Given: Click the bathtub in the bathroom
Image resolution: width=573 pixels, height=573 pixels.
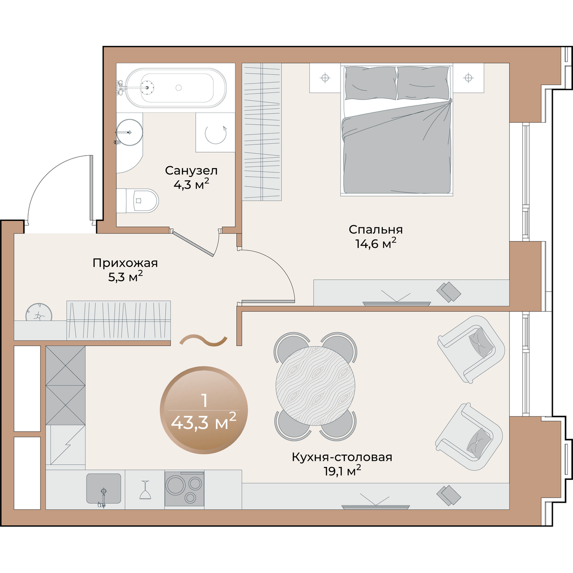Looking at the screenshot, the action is coord(176,88).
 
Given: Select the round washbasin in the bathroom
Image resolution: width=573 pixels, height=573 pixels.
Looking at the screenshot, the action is coord(129,132).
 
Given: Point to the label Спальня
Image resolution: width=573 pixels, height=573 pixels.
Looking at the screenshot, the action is coord(376,229).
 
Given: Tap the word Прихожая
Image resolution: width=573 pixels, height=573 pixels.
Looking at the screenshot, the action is coord(125,263).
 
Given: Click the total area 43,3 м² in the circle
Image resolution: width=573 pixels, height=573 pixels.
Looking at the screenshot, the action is coord(204,423).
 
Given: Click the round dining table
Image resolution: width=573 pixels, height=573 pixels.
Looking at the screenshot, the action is coord(315,387).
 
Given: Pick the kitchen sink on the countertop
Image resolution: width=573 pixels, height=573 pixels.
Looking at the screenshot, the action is coord(104,488).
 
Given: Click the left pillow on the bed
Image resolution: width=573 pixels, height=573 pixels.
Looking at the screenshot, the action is coord(371,83).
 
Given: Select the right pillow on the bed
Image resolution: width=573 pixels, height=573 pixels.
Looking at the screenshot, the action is coord(423,83).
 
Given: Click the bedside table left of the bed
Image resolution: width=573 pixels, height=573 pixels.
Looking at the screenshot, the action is coord(325,78).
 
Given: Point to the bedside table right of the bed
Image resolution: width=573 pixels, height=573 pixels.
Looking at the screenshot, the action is coord(468,78).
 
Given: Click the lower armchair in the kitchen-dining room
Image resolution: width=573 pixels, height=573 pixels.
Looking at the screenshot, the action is coord(469,437).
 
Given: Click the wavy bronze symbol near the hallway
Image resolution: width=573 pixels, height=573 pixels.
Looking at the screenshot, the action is coord(204,341).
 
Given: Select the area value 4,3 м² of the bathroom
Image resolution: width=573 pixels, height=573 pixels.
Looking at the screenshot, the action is coord(191,184).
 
